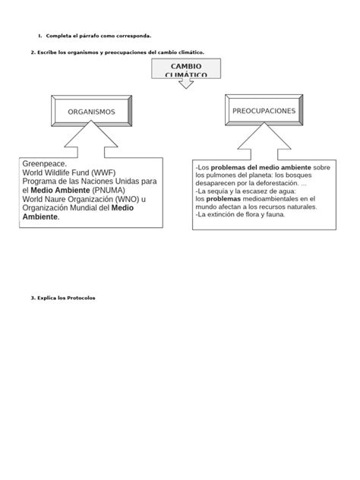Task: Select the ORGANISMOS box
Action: tap(91, 112)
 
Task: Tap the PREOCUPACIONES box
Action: tap(264, 111)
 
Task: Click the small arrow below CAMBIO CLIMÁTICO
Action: tap(185, 84)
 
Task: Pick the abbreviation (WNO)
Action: tap(122, 199)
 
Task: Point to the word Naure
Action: tap(56, 199)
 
